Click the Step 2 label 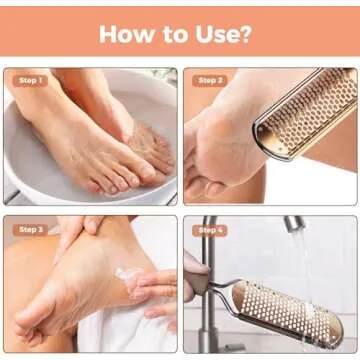coord(210,80)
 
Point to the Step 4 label coord(210,229)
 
